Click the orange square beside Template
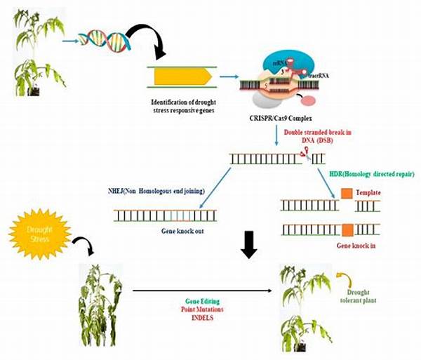tap(345, 192)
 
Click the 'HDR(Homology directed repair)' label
tap(371, 173)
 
